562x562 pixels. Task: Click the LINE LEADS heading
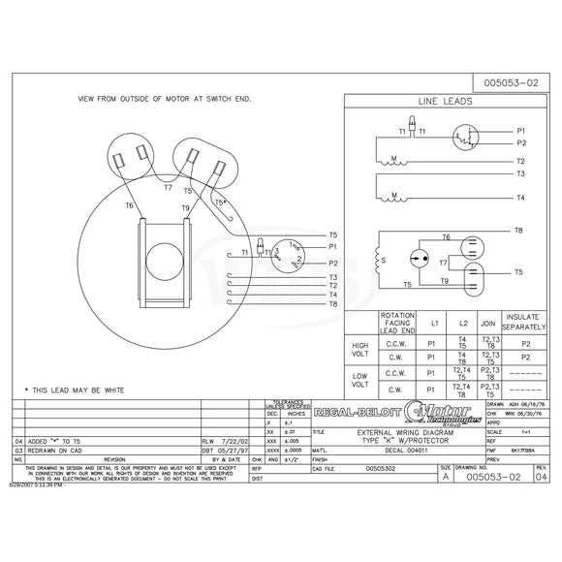coord(445,101)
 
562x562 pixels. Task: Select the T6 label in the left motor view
coord(129,206)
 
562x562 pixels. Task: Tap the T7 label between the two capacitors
coord(167,187)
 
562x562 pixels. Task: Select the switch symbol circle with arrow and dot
coord(419,259)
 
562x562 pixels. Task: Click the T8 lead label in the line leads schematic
coord(518,231)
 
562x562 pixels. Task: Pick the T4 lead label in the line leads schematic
coord(520,198)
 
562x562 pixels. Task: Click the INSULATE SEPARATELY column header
coord(527,321)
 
